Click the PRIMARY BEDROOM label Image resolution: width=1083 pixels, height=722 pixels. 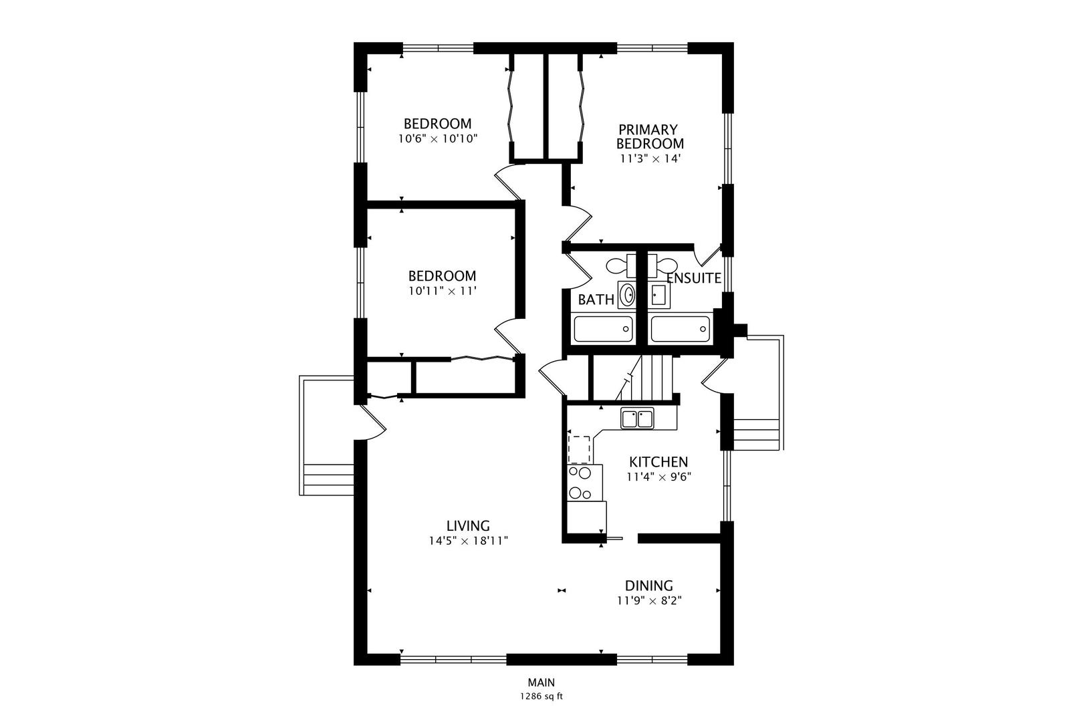click(x=650, y=136)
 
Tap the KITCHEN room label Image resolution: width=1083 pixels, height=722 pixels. click(x=658, y=461)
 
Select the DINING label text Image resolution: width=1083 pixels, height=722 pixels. click(x=649, y=586)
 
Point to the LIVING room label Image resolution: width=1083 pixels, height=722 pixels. click(x=468, y=525)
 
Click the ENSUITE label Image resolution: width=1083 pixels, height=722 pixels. click(x=694, y=278)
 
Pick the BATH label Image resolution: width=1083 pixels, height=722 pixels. click(x=596, y=299)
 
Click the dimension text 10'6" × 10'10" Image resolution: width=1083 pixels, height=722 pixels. click(x=438, y=139)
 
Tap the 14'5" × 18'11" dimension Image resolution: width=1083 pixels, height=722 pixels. click(x=469, y=541)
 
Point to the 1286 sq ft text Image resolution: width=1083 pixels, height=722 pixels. click(x=541, y=697)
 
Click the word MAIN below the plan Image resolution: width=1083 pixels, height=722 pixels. click(x=541, y=683)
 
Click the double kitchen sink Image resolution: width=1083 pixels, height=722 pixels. click(x=637, y=418)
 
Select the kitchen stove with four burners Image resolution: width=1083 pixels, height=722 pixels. click(x=585, y=483)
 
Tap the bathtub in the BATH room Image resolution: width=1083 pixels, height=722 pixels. click(x=603, y=328)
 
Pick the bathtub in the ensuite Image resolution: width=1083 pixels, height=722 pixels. click(x=681, y=328)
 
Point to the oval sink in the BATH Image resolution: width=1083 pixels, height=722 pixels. click(x=627, y=295)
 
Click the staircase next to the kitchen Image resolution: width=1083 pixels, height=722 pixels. click(x=644, y=378)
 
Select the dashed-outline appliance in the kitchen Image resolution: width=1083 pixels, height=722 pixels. click(x=579, y=450)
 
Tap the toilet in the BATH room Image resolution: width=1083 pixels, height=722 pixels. click(x=621, y=265)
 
